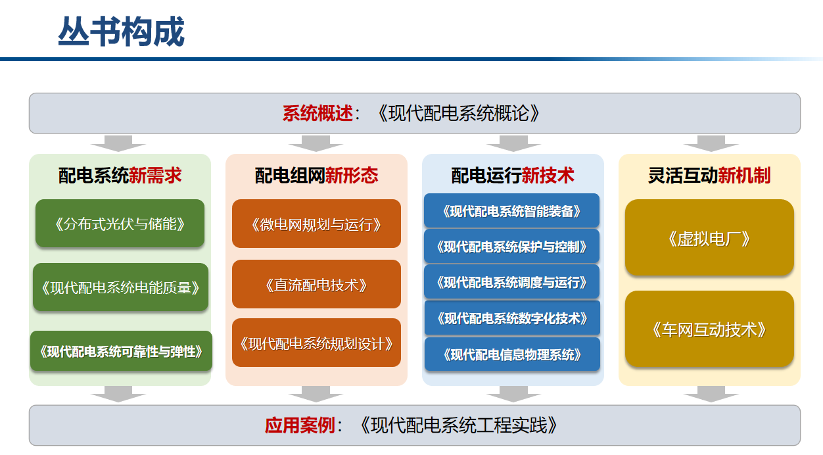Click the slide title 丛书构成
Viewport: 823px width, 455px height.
click(x=121, y=32)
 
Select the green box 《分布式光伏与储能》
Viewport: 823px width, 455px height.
click(x=120, y=224)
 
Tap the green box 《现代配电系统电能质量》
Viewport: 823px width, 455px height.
click(x=120, y=287)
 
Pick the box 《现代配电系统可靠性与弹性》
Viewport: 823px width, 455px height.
click(x=121, y=351)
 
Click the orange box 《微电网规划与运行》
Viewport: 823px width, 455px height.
click(x=316, y=224)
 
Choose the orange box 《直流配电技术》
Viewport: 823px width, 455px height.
click(x=316, y=284)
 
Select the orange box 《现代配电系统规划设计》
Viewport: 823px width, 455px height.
click(x=316, y=343)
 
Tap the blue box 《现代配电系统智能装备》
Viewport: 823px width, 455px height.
click(x=512, y=210)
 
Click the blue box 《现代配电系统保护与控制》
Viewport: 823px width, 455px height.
click(x=512, y=247)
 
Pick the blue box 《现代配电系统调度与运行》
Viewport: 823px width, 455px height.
click(x=512, y=282)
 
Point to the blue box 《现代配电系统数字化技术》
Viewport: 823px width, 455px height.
click(x=512, y=318)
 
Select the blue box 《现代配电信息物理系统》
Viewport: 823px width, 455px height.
click(x=512, y=354)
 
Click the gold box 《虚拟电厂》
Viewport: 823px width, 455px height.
click(x=709, y=237)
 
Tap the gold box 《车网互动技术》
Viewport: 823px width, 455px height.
click(x=709, y=329)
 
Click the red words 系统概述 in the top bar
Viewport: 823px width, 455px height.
click(x=317, y=113)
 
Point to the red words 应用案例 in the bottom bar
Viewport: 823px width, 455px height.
click(x=300, y=425)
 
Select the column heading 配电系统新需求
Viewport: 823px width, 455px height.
click(x=120, y=176)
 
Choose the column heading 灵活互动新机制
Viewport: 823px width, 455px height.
click(x=709, y=176)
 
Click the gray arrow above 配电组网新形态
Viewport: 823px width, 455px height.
click(x=316, y=143)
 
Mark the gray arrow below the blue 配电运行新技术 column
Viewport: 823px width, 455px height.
click(x=513, y=394)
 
